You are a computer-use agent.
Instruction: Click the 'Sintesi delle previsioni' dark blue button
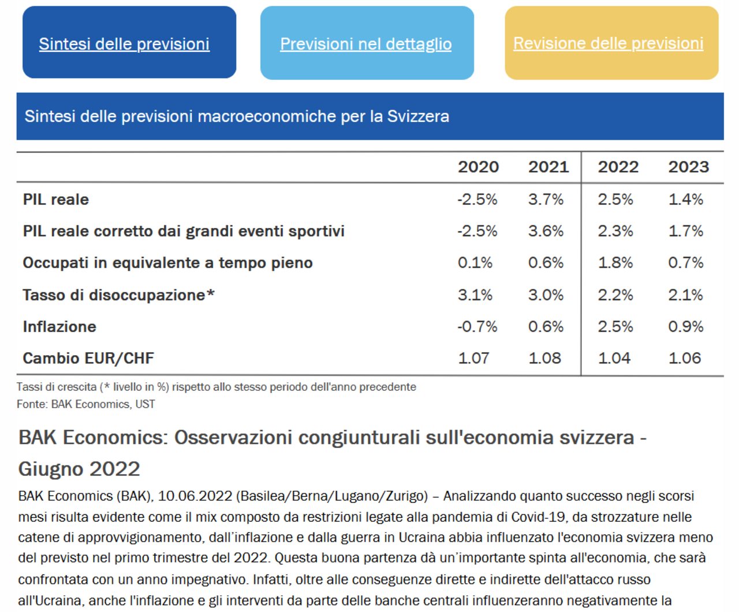point(129,42)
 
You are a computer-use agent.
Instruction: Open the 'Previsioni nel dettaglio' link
point(365,44)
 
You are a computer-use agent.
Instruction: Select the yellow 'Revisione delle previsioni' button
point(611,43)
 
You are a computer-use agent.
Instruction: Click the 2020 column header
point(478,167)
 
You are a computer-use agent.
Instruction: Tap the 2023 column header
point(688,167)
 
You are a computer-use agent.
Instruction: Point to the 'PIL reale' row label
point(56,200)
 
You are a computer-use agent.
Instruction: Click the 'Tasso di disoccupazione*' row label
point(118,295)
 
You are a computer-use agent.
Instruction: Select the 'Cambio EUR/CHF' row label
point(88,358)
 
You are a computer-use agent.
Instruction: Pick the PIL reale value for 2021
point(546,200)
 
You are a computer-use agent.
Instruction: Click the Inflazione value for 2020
point(477,327)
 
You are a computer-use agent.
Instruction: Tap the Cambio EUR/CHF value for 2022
point(614,358)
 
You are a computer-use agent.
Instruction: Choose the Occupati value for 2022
point(615,263)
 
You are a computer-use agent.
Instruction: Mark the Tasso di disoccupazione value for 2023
point(685,295)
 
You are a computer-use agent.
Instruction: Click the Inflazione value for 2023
point(685,327)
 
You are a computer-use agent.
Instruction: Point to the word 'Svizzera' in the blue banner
point(418,117)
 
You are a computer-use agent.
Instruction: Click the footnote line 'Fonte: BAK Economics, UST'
point(86,404)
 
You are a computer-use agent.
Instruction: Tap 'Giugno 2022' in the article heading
point(79,469)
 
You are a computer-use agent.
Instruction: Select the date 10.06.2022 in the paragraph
point(195,496)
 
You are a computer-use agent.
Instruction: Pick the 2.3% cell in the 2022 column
point(615,232)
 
